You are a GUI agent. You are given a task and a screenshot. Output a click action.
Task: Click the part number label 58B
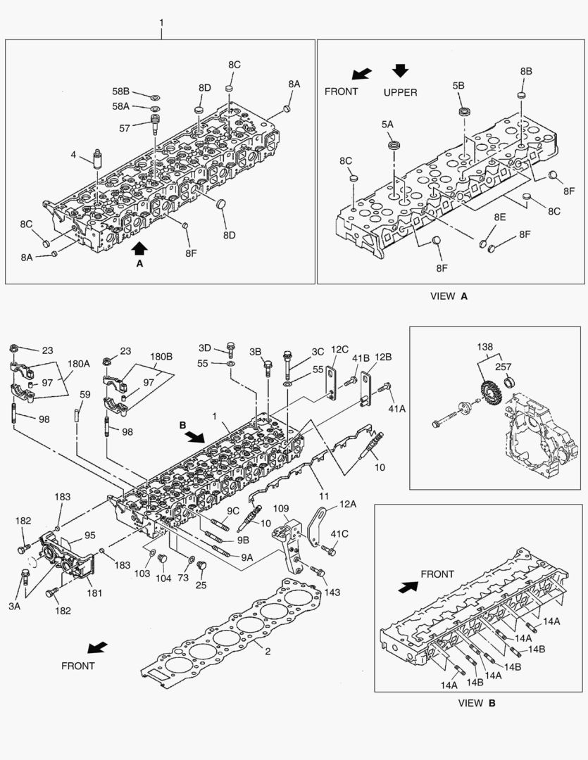[x=121, y=91]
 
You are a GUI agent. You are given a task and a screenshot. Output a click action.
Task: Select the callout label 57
[x=125, y=127]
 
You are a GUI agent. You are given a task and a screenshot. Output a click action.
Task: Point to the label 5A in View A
[x=387, y=124]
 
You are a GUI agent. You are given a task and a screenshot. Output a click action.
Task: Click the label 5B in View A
[x=458, y=85]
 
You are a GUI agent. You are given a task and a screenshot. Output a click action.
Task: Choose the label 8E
[x=499, y=218]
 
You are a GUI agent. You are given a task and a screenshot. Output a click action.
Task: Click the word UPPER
[x=400, y=92]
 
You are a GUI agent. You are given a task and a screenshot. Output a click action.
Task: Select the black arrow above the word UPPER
[x=401, y=70]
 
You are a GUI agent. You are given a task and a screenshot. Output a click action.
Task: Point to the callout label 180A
[x=79, y=365]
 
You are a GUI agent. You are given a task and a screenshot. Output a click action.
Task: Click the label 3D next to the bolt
[x=204, y=348]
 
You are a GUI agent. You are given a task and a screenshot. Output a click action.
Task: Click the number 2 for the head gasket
[x=267, y=651]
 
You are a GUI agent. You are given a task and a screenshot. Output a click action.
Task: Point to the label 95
[x=89, y=535]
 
